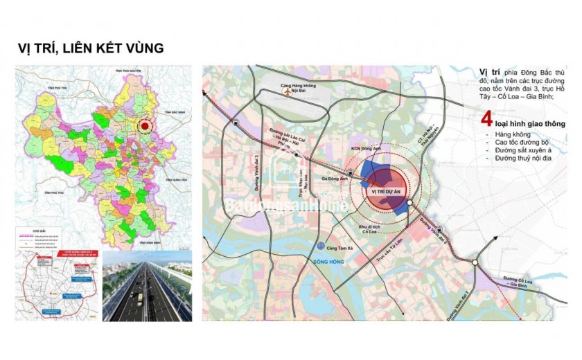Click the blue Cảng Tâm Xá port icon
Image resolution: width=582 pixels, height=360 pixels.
[319, 246]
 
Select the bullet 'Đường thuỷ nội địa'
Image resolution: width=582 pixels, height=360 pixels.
[519, 159]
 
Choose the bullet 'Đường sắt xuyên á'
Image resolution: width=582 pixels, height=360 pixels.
[518, 150]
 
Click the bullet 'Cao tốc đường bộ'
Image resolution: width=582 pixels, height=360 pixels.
[515, 142]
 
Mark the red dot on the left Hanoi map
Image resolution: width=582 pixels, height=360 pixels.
[144, 127]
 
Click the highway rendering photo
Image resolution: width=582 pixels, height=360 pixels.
[147, 285]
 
